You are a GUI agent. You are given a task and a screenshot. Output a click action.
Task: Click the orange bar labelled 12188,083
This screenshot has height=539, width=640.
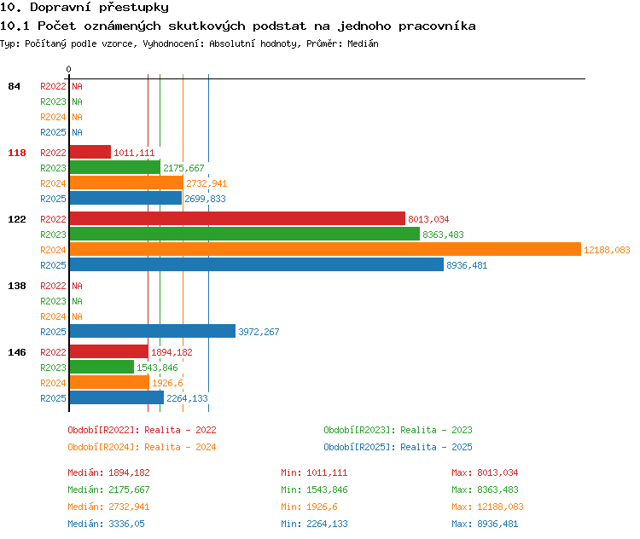tap(325, 249)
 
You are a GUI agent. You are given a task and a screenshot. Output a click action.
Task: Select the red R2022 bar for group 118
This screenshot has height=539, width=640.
tap(90, 152)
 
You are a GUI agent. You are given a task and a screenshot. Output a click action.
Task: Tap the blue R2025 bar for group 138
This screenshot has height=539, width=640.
tap(153, 331)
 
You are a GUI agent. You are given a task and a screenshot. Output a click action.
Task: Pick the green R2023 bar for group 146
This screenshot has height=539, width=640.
tap(102, 367)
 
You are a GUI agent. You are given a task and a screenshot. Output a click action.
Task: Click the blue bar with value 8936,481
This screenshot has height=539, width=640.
tap(257, 264)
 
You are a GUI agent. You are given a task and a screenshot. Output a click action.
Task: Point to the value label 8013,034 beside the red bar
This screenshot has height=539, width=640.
tap(428, 219)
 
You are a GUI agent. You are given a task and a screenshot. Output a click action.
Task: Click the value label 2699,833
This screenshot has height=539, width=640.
tap(205, 199)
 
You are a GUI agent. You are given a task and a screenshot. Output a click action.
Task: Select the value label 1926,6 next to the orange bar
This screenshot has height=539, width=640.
tap(167, 383)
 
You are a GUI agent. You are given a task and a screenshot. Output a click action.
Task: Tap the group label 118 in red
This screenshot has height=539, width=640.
tap(17, 153)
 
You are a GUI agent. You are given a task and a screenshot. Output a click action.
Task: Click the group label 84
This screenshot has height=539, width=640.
tap(14, 86)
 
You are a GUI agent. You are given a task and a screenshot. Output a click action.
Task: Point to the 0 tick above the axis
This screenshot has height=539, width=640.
tap(68, 69)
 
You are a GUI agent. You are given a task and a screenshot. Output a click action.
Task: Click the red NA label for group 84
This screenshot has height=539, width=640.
tap(77, 86)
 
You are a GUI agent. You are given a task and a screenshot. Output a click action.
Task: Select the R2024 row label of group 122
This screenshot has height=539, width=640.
tap(53, 250)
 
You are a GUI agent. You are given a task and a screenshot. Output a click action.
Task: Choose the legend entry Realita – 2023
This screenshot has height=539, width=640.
tap(436, 430)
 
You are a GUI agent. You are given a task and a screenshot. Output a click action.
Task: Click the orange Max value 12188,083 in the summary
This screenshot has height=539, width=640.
tap(500, 507)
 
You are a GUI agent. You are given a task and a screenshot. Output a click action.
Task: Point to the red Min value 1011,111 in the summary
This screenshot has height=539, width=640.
tap(327, 472)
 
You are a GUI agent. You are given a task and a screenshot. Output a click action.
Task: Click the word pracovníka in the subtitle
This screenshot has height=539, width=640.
tap(437, 26)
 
